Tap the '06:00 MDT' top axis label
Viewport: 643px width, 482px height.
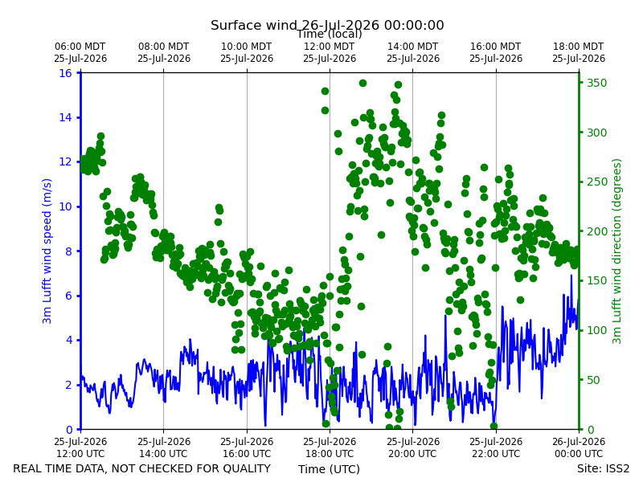pos(80,47)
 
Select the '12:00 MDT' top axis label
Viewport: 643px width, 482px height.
pos(330,47)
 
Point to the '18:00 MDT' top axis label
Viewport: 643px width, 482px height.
pos(578,47)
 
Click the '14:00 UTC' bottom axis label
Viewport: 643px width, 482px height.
pos(164,454)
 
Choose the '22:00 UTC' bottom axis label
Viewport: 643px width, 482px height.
pos(496,454)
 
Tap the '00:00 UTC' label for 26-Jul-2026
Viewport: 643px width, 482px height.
pos(579,454)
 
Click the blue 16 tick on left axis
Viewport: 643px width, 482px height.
pos(65,73)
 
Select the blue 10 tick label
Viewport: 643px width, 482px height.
pos(65,206)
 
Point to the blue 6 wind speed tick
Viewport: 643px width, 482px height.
pos(68,296)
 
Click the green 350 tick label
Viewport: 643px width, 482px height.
pos(597,83)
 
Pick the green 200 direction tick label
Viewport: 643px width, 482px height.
pos(597,231)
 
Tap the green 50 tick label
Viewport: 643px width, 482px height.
pos(594,380)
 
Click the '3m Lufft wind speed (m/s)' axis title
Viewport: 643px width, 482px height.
pos(47,251)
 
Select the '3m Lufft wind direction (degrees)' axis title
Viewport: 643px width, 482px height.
pos(616,251)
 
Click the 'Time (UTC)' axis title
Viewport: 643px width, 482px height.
pos(329,469)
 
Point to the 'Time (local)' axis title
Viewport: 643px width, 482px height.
pos(330,35)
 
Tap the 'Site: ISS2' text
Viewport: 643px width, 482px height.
pos(604,468)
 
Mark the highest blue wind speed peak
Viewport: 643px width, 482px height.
pos(571,275)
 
